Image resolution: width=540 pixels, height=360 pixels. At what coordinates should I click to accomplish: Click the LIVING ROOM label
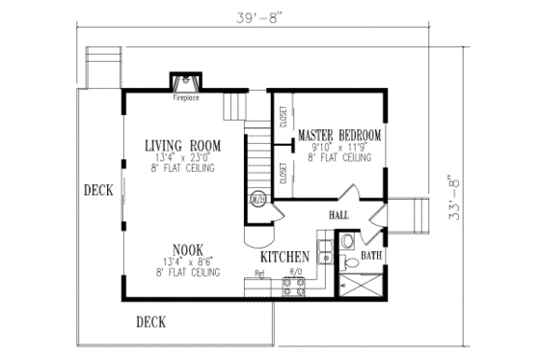pos(183,146)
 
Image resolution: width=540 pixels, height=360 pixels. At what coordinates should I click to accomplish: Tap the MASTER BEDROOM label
pos(339,134)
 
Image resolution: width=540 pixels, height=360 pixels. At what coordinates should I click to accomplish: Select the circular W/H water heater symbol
pos(259,201)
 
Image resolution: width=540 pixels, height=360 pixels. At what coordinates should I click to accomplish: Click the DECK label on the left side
pos(97,189)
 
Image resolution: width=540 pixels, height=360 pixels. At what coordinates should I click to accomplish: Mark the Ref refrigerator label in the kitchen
pos(259,273)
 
